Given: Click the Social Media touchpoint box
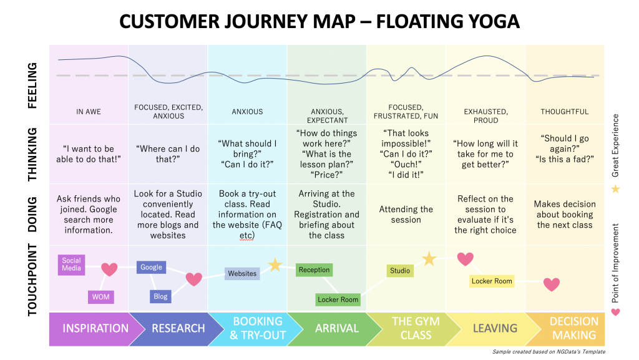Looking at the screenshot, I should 71,265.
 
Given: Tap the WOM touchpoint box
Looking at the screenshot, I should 100,297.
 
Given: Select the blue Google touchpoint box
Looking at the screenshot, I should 151,267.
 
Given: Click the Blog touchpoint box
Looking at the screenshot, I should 160,297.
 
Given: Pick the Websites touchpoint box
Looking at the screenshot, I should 242,273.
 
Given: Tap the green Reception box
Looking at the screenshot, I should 314,270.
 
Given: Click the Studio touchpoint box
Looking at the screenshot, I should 400,271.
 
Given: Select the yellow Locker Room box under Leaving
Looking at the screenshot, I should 492,281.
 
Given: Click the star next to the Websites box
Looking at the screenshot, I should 275,265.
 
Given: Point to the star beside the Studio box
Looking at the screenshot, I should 429,258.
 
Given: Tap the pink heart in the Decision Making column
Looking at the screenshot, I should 551,285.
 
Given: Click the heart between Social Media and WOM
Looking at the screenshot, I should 109,270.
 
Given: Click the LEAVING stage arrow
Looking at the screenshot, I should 494,328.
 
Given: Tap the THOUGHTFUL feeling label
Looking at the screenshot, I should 565,112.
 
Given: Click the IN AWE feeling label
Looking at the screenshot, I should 89,112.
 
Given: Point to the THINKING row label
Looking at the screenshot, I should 32,154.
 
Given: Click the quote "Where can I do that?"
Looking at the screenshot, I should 168,154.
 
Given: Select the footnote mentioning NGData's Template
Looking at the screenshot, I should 549,352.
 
